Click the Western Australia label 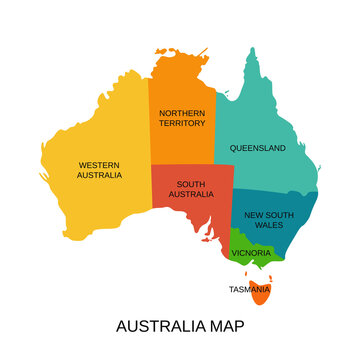tap(99, 169)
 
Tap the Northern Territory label tap(182, 118)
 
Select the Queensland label tap(258, 148)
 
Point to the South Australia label tap(191, 189)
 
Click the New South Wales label tap(269, 220)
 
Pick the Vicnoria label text tap(251, 253)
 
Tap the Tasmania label tap(249, 289)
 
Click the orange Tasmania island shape tap(261, 296)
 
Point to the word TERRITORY tap(182, 124)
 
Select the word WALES tap(269, 226)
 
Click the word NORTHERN tap(182, 112)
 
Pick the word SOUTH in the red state tap(191, 184)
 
